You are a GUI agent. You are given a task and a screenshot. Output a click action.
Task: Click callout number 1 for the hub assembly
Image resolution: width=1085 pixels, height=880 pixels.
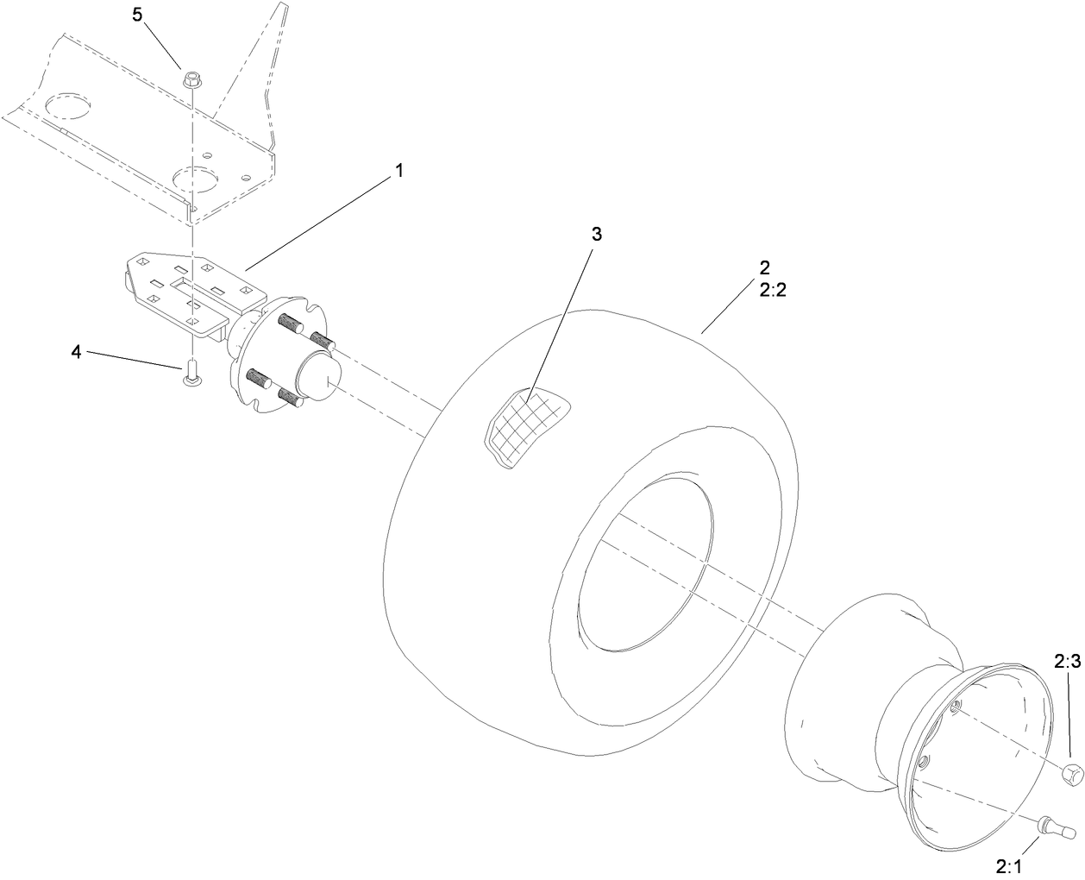[398, 170]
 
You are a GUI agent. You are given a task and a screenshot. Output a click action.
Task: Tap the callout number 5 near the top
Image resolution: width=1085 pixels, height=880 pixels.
[137, 15]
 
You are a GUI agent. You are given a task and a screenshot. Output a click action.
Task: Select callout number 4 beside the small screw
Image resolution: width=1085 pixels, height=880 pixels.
[77, 352]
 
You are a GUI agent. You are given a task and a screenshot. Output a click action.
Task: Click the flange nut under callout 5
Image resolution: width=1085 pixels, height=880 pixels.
[191, 80]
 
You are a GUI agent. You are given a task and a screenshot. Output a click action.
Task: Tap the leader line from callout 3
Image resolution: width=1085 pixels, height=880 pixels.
[562, 320]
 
